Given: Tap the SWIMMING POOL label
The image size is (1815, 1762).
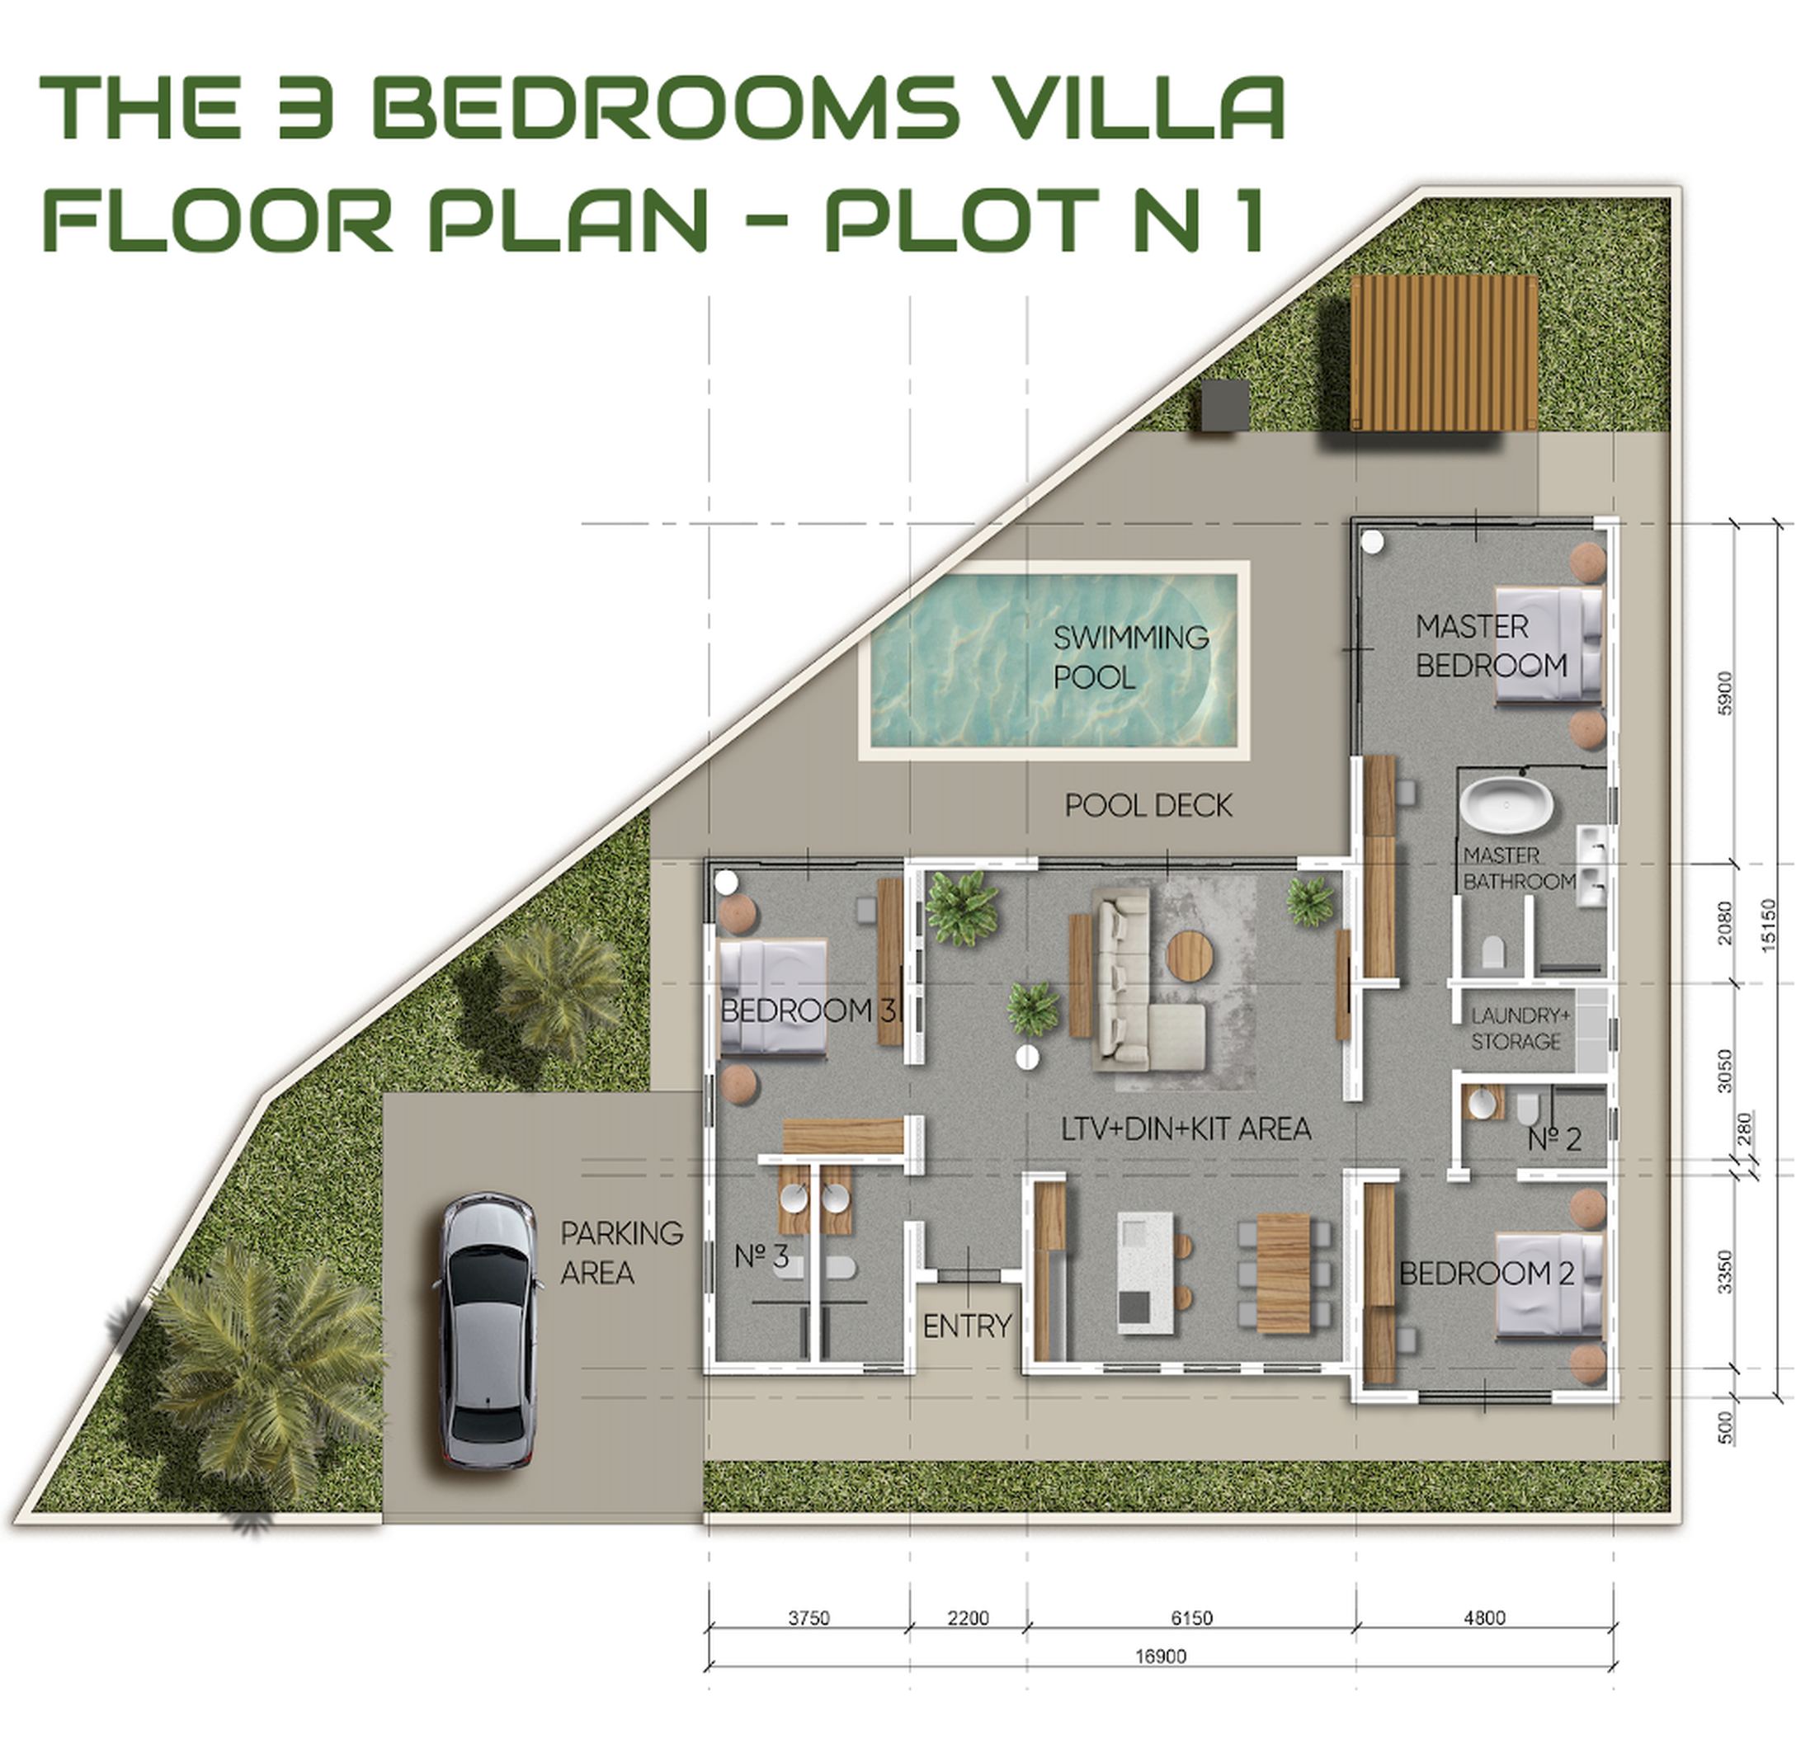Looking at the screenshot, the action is point(1131,657).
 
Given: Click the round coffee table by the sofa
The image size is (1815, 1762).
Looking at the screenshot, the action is point(1190,954).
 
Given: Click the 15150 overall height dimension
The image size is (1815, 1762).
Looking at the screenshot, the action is point(1768,925).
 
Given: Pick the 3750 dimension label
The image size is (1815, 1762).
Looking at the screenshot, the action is point(808,1618).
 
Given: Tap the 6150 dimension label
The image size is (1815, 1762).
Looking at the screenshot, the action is point(1190,1618).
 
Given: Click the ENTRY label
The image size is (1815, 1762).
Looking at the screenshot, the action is point(967,1326).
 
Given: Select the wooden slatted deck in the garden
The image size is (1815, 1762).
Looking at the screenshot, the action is point(1444,353).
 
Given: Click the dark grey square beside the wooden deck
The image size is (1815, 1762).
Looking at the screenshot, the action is point(1225,405).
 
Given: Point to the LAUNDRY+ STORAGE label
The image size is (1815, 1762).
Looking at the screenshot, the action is point(1520,1029).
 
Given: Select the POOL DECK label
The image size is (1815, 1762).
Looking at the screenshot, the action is point(1148,806).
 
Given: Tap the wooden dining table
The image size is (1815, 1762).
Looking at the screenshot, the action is point(1283,1272).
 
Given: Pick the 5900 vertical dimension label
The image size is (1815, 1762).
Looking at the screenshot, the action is point(1723,693).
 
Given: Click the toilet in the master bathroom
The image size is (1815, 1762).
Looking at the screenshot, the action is point(1492,953).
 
